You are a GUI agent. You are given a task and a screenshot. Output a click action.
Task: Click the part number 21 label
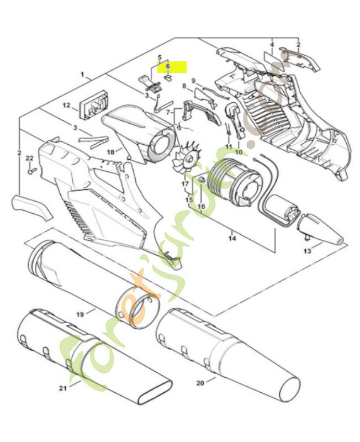pos(63,388)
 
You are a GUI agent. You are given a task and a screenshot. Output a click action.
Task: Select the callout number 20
pos(200,383)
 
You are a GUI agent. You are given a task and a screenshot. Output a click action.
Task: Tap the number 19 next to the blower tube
pos(80,314)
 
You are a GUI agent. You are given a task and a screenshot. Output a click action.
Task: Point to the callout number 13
pos(308,251)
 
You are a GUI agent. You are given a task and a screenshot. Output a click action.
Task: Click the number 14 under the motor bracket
pos(232,239)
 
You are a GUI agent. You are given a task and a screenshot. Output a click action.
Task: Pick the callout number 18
pos(111,152)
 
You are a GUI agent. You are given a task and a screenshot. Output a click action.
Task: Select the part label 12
pos(66,106)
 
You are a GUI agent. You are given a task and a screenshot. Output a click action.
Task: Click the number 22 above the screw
pos(30,159)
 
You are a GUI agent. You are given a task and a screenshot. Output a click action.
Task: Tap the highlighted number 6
pos(168,66)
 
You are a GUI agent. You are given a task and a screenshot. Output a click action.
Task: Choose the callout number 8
pos(184,86)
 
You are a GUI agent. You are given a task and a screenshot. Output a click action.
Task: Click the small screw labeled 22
pos(32,170)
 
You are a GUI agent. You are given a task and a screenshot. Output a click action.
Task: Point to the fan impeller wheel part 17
pos(187,159)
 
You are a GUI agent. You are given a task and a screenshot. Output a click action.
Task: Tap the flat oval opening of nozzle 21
pos(155,392)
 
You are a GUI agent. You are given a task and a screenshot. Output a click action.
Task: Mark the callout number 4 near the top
pos(272,45)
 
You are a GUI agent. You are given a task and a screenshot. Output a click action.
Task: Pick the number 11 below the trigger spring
pos(229,146)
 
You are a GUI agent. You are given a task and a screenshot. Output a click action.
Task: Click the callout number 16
pos(202,207)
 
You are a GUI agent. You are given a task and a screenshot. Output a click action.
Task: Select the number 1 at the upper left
pos(82,75)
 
